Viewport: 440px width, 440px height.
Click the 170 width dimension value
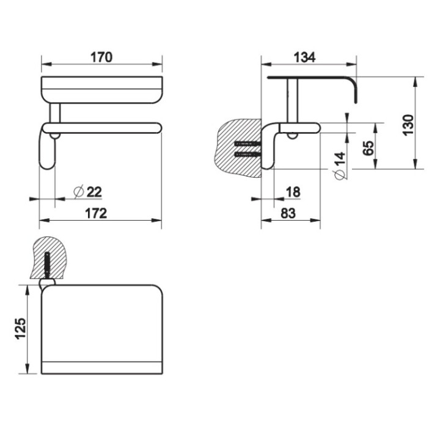[101, 57]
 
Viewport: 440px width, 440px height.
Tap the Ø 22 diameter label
[87, 192]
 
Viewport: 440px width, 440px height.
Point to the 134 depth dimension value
[304, 57]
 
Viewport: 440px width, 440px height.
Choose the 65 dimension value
[368, 148]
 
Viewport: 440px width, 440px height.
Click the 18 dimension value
[293, 192]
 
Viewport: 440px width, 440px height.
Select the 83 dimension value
[288, 213]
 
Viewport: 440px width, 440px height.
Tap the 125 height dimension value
[20, 330]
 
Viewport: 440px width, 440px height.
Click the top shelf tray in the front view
[101, 89]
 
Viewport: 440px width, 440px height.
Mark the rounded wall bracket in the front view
[48, 150]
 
